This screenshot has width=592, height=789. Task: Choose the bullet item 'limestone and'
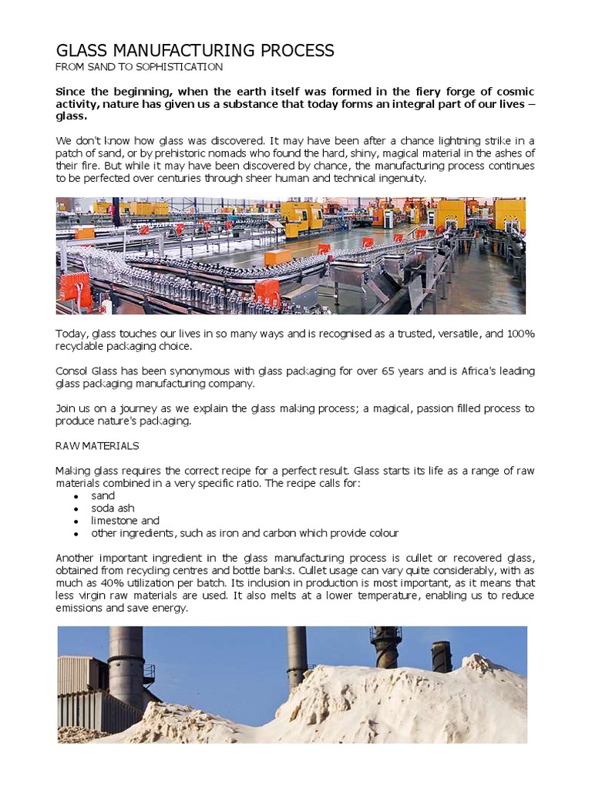coord(125,521)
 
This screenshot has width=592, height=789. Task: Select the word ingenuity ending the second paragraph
coord(399,178)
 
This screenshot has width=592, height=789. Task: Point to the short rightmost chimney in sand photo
coord(442,656)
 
